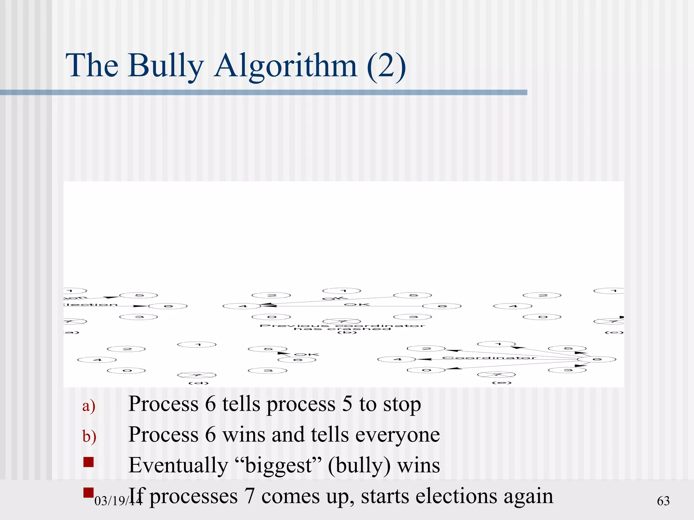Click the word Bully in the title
point(166,66)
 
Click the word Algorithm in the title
point(285,66)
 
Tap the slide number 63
point(663,501)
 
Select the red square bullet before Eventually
point(88,462)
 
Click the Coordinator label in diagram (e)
point(489,357)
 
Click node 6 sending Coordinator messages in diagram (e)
point(597,359)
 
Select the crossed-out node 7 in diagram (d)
point(197,375)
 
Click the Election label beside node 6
point(91,305)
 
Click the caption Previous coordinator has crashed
point(342,327)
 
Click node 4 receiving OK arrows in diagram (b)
point(242,306)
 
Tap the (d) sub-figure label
point(199,383)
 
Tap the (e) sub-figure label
point(502,383)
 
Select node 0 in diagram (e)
point(426,370)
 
